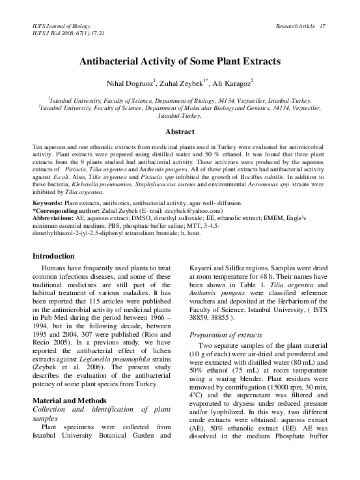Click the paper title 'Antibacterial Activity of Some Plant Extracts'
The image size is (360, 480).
coord(179,61)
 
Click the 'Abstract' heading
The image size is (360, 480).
coord(179,131)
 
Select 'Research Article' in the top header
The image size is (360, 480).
coord(293,25)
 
